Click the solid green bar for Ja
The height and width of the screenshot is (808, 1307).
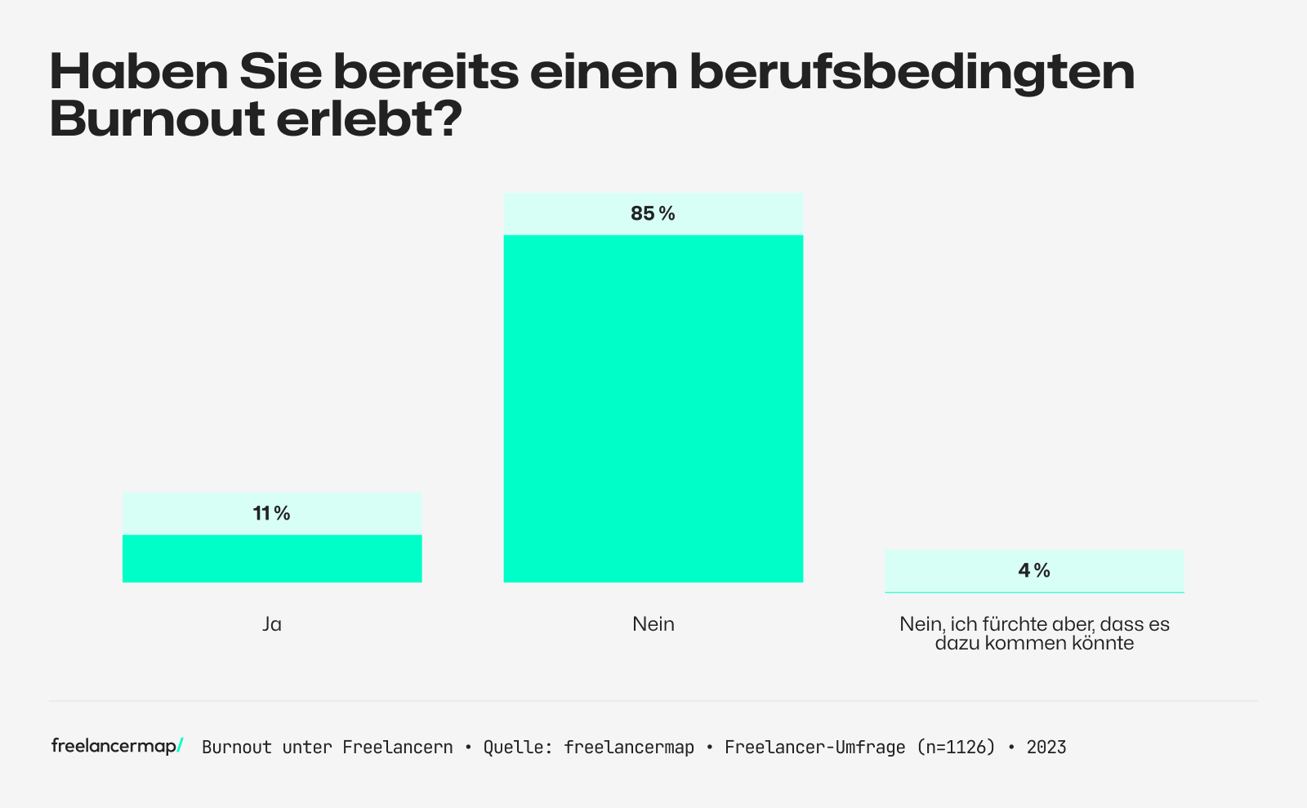272,559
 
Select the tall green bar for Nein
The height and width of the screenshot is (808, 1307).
653,408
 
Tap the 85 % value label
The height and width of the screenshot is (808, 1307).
653,214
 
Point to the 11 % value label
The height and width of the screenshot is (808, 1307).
272,514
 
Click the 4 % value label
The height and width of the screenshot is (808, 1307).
1034,571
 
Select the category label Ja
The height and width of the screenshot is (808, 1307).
272,624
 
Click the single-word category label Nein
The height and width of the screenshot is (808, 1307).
653,624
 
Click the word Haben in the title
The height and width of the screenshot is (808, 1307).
138,72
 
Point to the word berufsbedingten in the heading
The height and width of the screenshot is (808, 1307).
912,72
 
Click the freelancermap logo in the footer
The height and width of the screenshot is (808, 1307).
117,746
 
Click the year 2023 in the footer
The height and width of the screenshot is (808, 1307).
1046,748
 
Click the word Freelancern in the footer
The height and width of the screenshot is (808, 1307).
397,748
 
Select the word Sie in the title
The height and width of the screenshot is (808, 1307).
279,72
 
